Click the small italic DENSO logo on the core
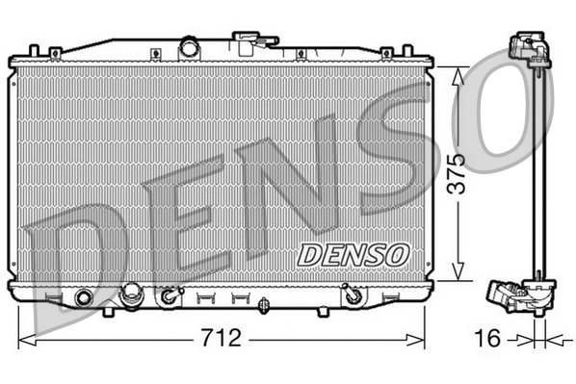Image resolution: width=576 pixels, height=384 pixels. coord(353,254)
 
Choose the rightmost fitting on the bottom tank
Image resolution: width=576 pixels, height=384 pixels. coord(353,296)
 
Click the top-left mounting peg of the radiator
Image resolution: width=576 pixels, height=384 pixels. coord(35,48)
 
